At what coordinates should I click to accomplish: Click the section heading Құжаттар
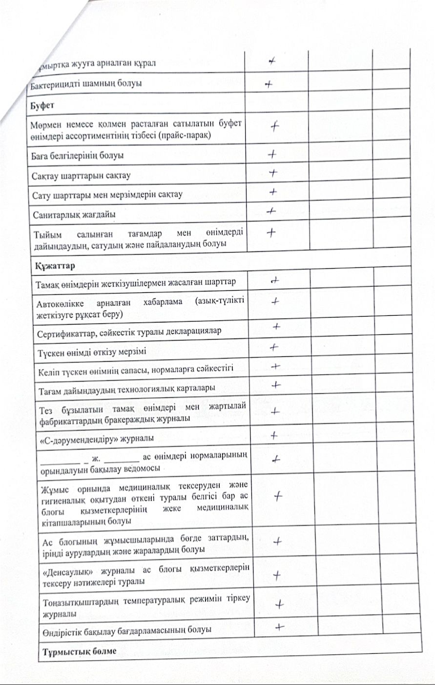tap(54, 267)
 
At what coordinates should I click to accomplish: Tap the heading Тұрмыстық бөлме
tap(80, 651)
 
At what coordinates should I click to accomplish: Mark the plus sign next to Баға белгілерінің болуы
tap(272, 155)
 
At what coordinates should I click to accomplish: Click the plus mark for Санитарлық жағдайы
tap(271, 211)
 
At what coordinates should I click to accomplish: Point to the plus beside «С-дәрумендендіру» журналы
tap(274, 435)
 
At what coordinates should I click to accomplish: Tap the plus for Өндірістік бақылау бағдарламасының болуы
tap(280, 627)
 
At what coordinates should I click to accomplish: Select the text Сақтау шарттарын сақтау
tap(81, 175)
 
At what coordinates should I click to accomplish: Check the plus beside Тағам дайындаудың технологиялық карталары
tap(276, 385)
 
